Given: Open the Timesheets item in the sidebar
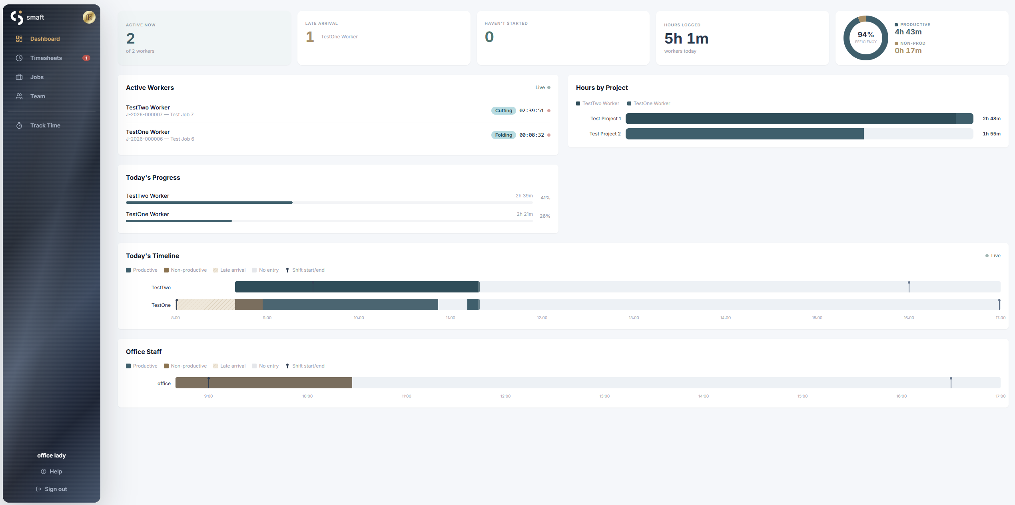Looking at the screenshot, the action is pyautogui.click(x=46, y=58).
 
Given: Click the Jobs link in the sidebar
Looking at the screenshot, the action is pyautogui.click(x=37, y=77).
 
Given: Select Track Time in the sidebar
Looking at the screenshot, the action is pyautogui.click(x=45, y=125).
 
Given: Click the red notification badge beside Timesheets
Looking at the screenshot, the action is pyautogui.click(x=86, y=58).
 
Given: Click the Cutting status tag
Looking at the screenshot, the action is pyautogui.click(x=503, y=111).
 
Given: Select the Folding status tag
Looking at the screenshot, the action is pyautogui.click(x=503, y=135).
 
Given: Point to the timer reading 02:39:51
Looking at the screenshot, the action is pyautogui.click(x=531, y=111).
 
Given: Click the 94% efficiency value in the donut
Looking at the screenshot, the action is pyautogui.click(x=865, y=35).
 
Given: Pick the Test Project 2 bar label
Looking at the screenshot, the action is pyautogui.click(x=605, y=134).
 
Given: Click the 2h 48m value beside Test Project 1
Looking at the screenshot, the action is pyautogui.click(x=991, y=119).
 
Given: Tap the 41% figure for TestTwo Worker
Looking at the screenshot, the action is pyautogui.click(x=545, y=198).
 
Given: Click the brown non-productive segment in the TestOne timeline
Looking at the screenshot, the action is pyautogui.click(x=249, y=304).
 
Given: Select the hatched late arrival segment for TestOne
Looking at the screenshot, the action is pyautogui.click(x=206, y=304).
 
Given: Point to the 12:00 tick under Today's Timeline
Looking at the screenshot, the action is pyautogui.click(x=542, y=318).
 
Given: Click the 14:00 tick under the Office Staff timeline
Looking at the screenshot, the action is pyautogui.click(x=703, y=396).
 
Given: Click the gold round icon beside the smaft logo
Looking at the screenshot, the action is pyautogui.click(x=89, y=17).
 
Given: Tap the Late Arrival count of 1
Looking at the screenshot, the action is pyautogui.click(x=310, y=37).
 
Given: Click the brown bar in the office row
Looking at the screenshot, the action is pyautogui.click(x=264, y=383).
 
